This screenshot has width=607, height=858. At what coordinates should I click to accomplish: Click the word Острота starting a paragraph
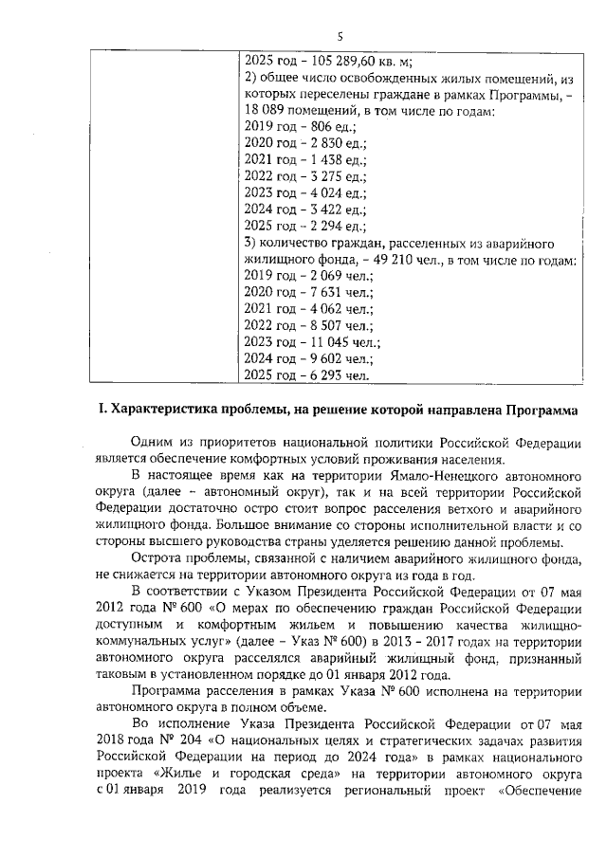coord(159,557)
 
